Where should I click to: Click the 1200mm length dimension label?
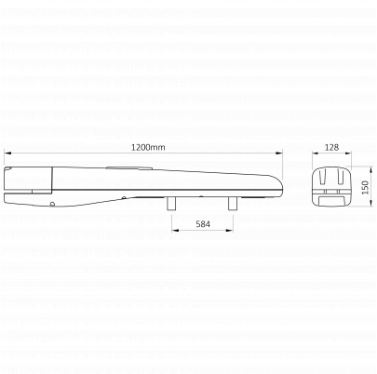(148, 147)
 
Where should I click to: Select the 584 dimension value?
(203, 224)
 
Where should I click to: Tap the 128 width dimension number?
(331, 147)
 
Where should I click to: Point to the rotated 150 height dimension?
(365, 187)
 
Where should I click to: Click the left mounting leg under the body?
(171, 204)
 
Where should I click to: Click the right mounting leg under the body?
(233, 204)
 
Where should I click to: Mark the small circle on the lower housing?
(52, 204)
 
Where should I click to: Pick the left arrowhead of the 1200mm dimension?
(7, 153)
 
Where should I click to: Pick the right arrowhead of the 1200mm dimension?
(279, 153)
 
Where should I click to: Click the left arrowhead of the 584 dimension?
(175, 230)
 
